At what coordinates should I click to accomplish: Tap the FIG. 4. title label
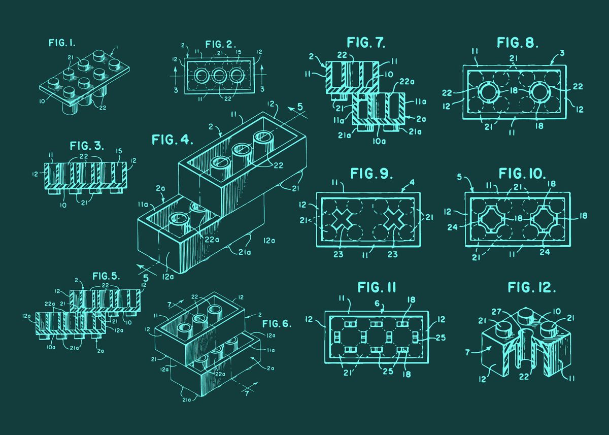[169, 139]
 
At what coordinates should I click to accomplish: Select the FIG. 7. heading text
[366, 43]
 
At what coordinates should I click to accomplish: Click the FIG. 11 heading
[377, 288]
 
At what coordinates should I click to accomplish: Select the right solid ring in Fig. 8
[542, 93]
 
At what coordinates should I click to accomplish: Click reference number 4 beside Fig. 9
[413, 182]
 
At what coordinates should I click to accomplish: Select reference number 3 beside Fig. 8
[562, 53]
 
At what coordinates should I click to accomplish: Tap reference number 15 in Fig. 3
[119, 151]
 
